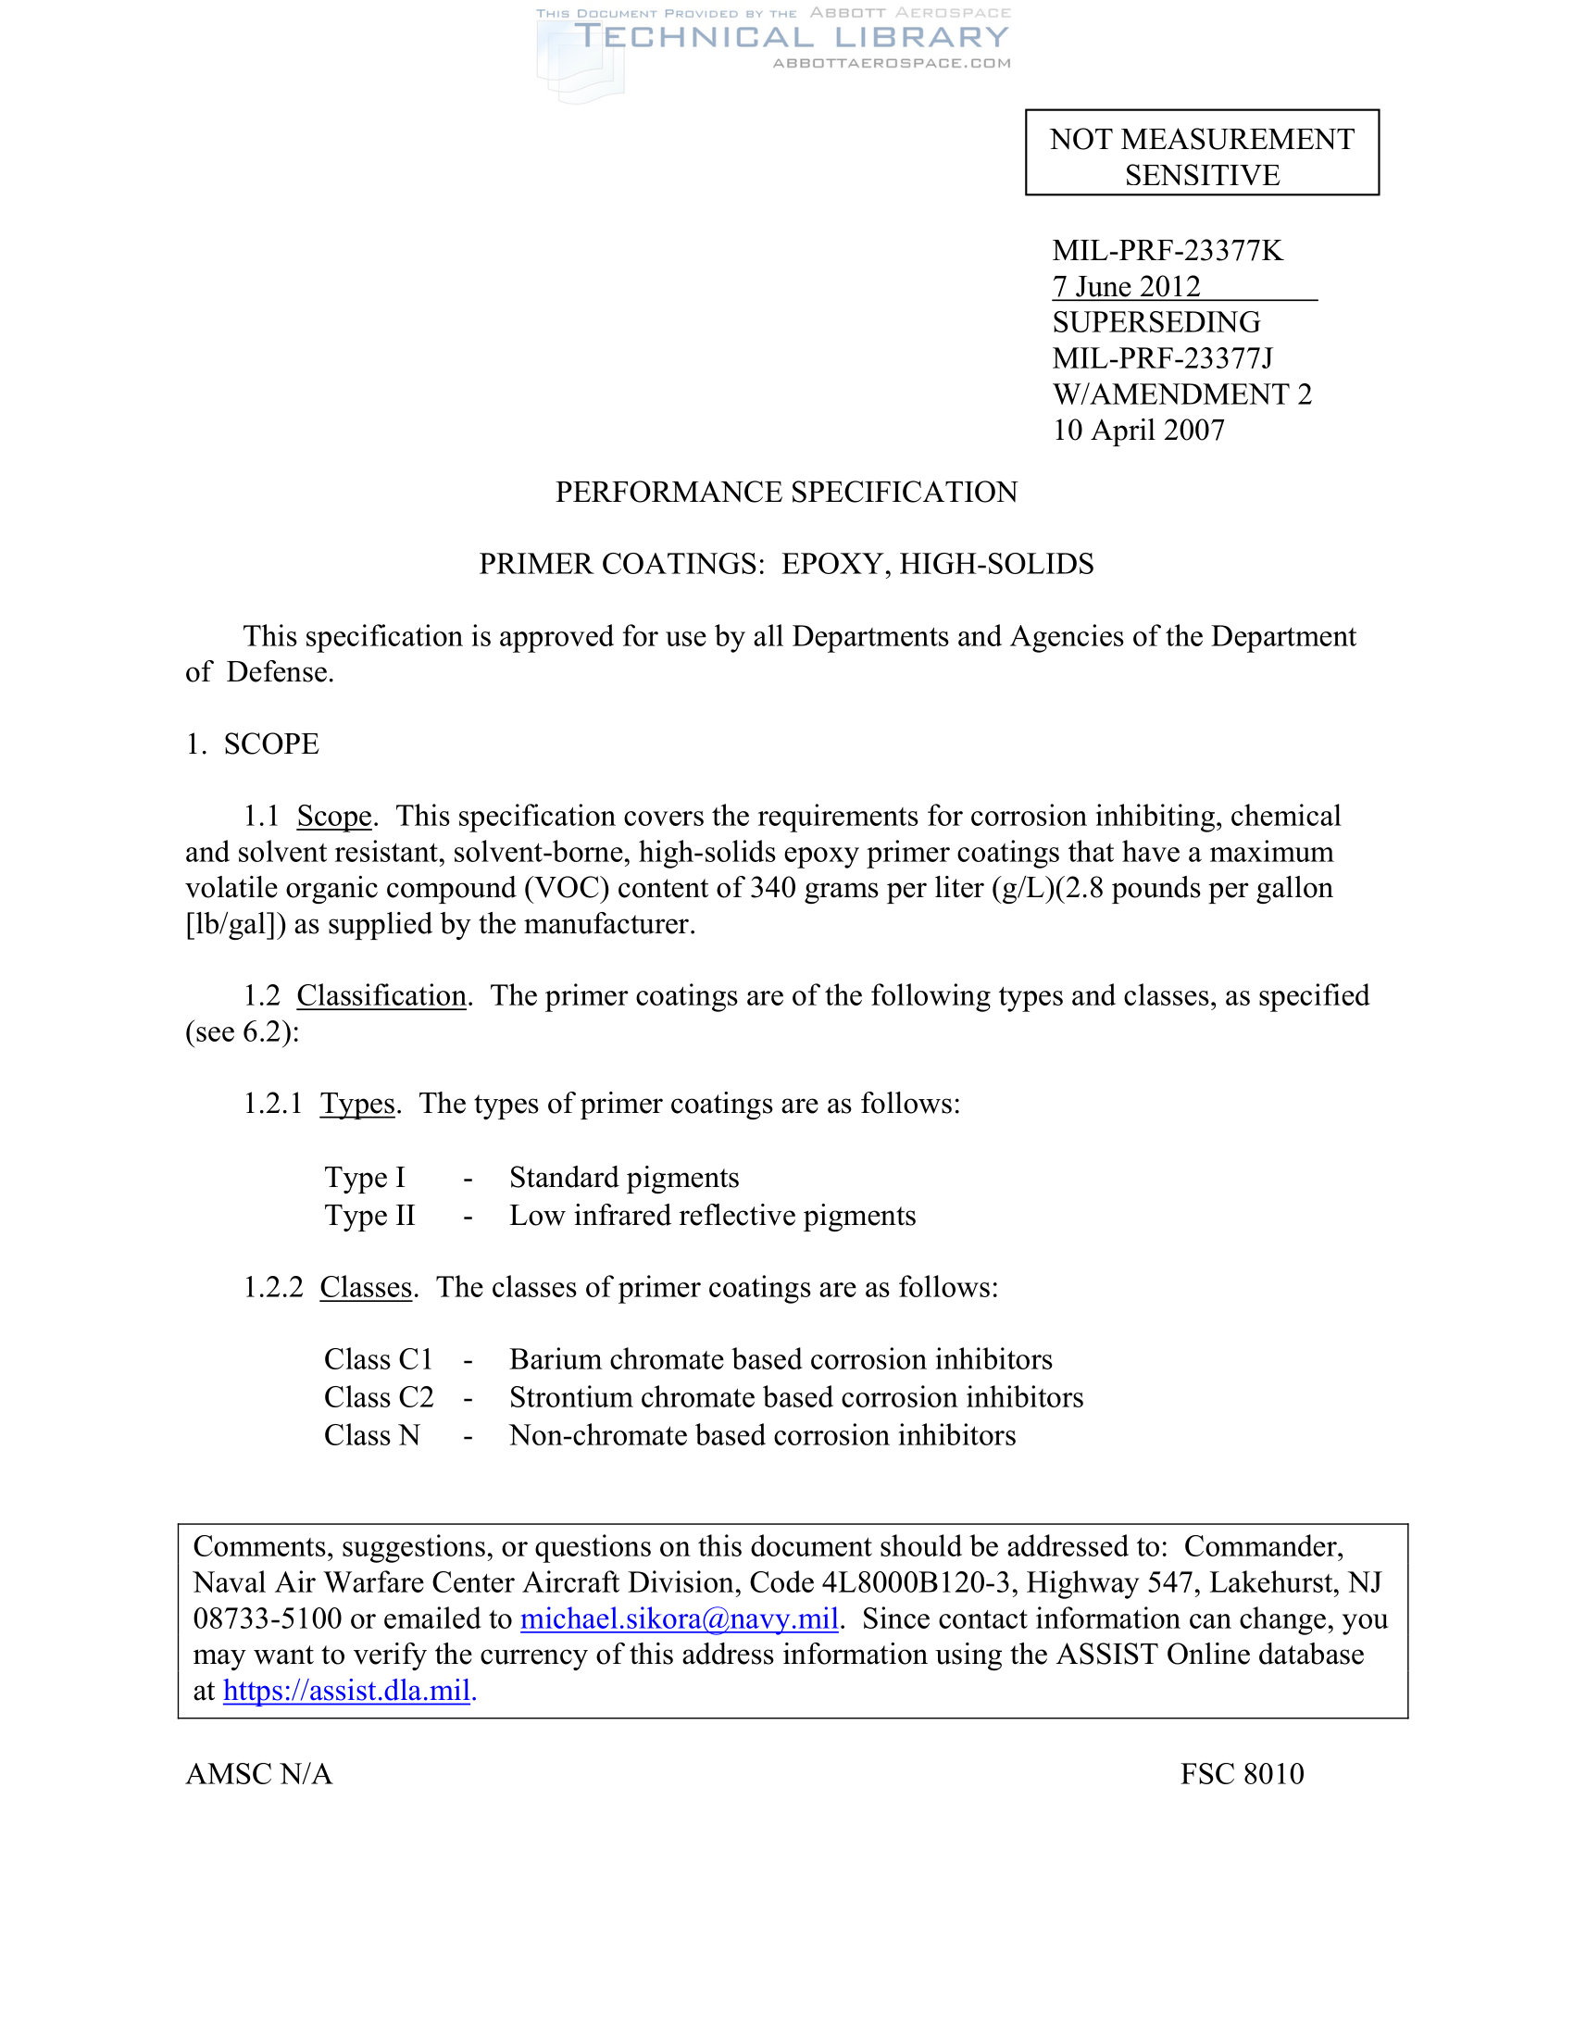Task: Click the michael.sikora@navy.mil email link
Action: [679, 1618]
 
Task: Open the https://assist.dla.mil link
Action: [346, 1690]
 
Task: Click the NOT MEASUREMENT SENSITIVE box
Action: [1201, 153]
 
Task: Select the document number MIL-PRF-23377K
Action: [1167, 251]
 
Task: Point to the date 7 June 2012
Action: [1126, 286]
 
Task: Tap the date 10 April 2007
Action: [1138, 430]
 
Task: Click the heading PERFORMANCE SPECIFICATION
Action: [786, 492]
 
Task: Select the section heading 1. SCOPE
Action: [252, 744]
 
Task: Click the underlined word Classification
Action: [381, 995]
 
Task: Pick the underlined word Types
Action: [357, 1104]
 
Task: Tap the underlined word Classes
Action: [366, 1287]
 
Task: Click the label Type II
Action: [369, 1216]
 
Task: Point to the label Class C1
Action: [379, 1359]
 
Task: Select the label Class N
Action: [372, 1434]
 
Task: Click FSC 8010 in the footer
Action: [1241, 1773]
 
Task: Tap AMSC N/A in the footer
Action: [258, 1773]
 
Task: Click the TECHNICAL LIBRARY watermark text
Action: [791, 37]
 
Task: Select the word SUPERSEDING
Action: [1156, 322]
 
